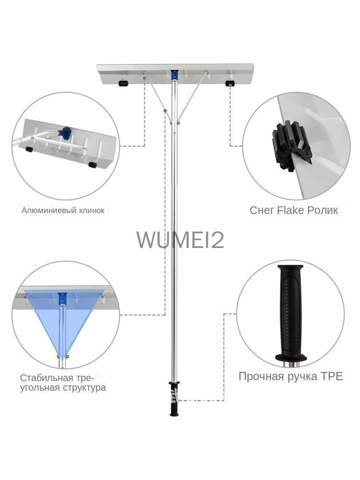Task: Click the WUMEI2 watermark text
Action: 180,240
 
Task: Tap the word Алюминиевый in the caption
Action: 49,210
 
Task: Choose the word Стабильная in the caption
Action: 46,378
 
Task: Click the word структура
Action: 84,388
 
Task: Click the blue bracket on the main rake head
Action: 174,75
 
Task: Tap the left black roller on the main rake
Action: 124,83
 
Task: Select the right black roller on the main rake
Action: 230,83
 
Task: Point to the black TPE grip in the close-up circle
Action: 291,313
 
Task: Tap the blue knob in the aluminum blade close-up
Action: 65,132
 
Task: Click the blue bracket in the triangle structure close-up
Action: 62,299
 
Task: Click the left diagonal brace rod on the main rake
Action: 157,97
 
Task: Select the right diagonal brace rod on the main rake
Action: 193,97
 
